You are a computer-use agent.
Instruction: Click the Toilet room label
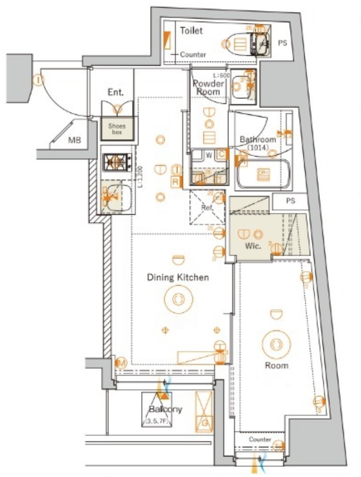click(x=191, y=31)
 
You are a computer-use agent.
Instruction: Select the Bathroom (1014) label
click(x=258, y=143)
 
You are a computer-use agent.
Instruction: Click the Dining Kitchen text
click(x=178, y=277)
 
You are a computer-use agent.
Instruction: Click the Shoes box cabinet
click(x=118, y=129)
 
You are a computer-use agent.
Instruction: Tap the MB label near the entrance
click(x=75, y=140)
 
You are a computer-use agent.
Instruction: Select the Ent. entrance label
click(x=115, y=92)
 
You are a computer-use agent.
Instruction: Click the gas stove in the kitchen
click(x=117, y=162)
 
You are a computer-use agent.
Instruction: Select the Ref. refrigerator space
click(x=207, y=207)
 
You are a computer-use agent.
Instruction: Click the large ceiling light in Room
click(x=276, y=345)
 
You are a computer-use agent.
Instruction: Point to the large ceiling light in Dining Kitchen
click(x=178, y=299)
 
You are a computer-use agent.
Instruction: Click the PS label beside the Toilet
click(x=283, y=43)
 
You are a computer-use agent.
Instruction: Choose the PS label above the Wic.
click(x=290, y=201)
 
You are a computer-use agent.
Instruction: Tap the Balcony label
click(x=165, y=409)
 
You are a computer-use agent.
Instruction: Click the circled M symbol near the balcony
click(x=121, y=363)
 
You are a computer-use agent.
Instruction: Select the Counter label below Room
click(x=260, y=439)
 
